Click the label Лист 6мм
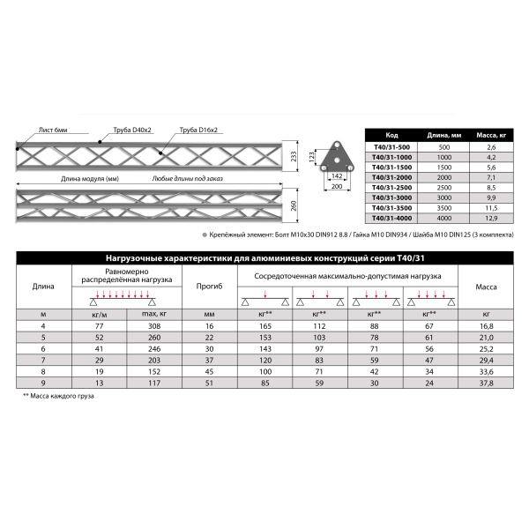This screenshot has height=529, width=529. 53,130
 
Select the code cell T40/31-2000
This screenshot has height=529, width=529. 393,176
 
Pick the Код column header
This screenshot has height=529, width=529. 393,134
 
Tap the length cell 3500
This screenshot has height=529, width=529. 443,207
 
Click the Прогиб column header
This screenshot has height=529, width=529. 210,286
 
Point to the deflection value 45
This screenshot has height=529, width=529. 210,371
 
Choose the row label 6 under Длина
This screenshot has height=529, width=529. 43,349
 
